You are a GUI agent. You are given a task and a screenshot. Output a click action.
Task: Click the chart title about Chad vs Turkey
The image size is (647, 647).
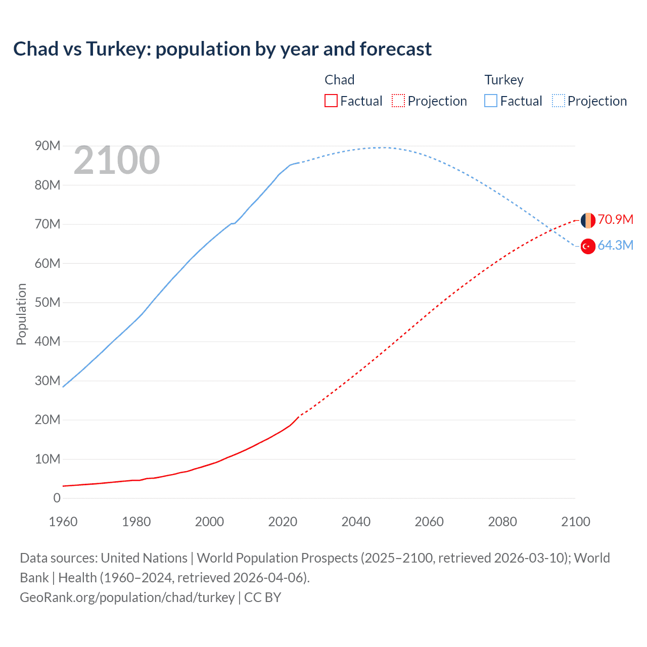pos(222,49)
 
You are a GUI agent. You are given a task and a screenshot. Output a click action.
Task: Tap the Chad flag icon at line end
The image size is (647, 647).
pos(588,220)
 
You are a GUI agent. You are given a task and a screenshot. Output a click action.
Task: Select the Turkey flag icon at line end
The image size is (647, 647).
pos(588,246)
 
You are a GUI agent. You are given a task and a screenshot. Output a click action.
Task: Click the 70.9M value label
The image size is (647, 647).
pos(615,219)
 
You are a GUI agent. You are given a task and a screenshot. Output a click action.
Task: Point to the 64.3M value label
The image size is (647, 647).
pos(615,245)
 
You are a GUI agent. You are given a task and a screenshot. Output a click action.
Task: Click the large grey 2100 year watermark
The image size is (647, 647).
pos(117,160)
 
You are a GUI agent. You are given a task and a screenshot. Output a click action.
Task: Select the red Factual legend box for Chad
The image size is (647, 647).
pos(331,101)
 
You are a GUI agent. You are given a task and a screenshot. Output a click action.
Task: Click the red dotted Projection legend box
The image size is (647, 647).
pos(398,101)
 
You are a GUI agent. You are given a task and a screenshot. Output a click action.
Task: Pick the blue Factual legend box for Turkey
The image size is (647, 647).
pos(491,101)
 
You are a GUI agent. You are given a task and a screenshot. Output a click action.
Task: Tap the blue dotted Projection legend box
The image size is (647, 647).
pos(559,101)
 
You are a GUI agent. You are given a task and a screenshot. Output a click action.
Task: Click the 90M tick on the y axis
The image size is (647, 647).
pos(48,146)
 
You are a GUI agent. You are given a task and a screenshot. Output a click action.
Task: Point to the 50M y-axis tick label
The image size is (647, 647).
pos(48,302)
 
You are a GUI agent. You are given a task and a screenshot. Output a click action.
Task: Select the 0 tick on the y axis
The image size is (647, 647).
pos(57,498)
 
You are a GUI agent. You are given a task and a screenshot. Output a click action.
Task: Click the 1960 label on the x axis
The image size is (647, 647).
pos(63,522)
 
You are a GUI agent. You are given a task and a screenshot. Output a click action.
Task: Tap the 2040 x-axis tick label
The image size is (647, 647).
pos(356,522)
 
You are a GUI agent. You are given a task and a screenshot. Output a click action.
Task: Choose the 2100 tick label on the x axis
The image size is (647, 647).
pos(575,522)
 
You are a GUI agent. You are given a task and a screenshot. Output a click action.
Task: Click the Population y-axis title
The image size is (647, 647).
pos(21,314)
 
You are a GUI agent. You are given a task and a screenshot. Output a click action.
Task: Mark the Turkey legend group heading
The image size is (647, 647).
pos(504,80)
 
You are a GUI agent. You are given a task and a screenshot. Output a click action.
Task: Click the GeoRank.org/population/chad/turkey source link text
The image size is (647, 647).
pos(127,597)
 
